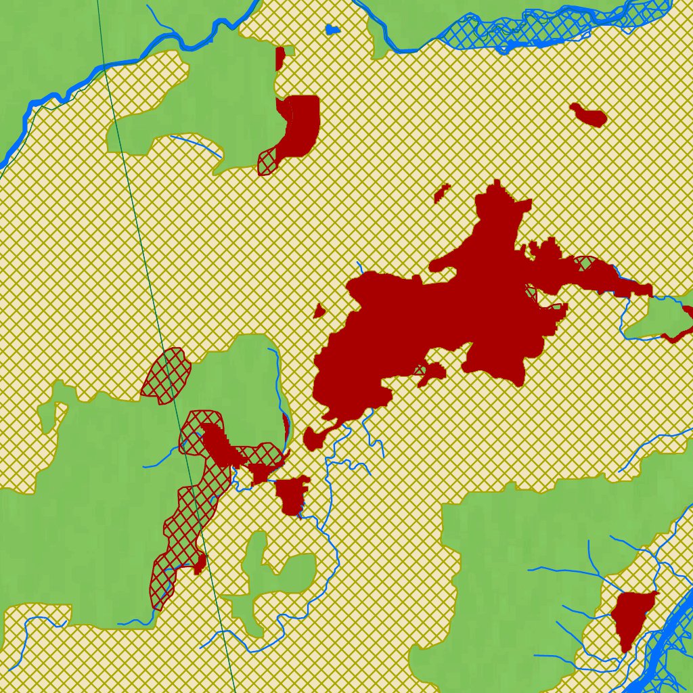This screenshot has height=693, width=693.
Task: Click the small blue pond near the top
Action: pos(332,30)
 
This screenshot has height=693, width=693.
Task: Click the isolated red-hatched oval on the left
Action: pos(166,375)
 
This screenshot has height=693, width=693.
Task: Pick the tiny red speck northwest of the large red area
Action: pos(442,194)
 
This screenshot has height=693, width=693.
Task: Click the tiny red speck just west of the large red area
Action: pos(319,311)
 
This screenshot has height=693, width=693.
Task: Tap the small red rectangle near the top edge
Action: pos(280,58)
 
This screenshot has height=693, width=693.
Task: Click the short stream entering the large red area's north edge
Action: pos(361,267)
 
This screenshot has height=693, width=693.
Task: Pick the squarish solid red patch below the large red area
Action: pos(292,494)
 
